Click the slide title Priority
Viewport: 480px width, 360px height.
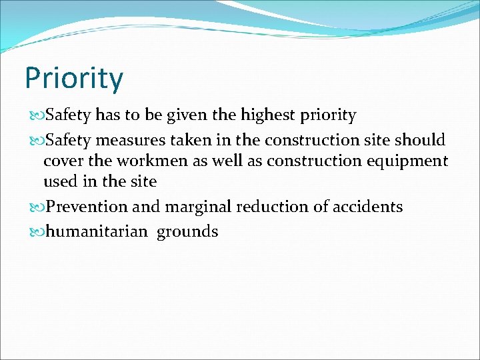coord(73,79)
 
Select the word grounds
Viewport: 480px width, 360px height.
coord(187,231)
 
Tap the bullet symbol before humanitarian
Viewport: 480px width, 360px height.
coord(36,232)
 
